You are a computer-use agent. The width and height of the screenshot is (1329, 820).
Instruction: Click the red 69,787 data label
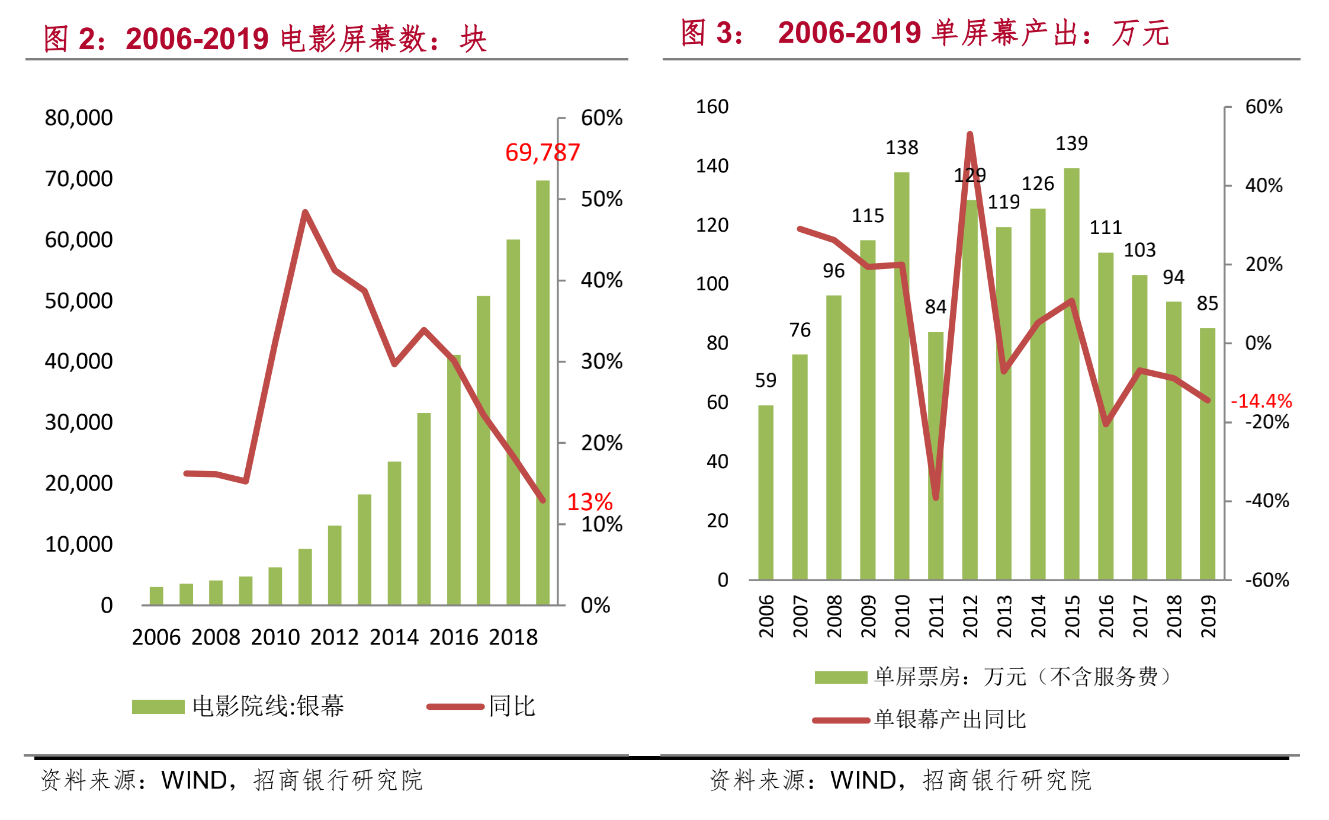point(542,153)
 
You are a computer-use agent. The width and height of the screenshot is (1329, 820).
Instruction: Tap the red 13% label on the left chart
point(589,502)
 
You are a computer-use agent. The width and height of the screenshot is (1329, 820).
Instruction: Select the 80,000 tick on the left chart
point(79,118)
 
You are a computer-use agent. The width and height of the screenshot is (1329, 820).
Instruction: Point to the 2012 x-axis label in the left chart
point(335,638)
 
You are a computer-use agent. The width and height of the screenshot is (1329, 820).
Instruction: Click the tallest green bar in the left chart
point(542,391)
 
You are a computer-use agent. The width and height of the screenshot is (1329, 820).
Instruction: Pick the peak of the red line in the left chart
point(305,212)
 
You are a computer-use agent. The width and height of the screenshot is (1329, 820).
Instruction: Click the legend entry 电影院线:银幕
point(268,706)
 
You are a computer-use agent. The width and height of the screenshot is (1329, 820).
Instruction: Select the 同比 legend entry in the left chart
point(512,706)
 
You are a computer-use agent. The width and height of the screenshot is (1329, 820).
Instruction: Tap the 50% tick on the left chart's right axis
point(601,199)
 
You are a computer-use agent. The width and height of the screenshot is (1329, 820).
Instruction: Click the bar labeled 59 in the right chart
point(766,492)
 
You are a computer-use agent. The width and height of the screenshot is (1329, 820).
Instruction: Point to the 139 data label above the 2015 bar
point(1071,143)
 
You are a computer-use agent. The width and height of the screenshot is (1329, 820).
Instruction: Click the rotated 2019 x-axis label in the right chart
point(1208,616)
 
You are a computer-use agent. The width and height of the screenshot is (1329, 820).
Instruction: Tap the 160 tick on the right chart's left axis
point(712,107)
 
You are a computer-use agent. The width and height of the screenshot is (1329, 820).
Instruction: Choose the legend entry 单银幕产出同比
point(950,720)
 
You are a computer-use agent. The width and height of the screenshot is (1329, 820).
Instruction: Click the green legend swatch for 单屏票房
point(841,677)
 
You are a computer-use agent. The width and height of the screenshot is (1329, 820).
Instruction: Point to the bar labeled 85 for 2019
point(1208,453)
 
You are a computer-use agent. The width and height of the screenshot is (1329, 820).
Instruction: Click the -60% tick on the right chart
point(1267,580)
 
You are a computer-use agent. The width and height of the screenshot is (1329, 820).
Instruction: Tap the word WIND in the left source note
point(194,780)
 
